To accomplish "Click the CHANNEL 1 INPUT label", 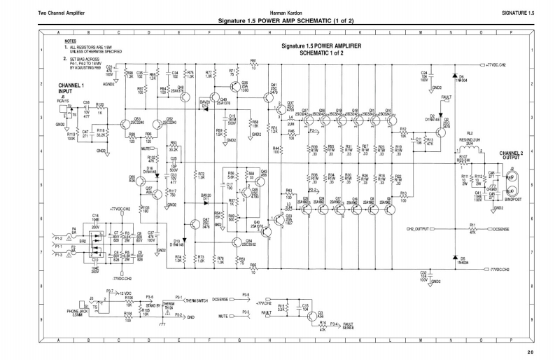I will point(71,88).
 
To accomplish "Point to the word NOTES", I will point(70,41).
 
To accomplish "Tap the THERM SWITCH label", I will point(189,298).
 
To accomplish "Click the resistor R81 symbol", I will point(253,65).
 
